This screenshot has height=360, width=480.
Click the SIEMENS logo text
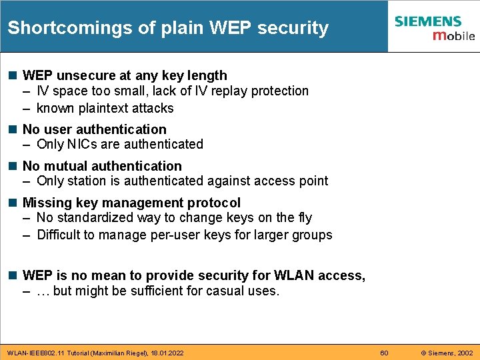pyautogui.click(x=427, y=21)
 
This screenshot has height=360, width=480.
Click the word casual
pyautogui.click(x=226, y=291)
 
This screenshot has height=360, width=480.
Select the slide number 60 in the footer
pyautogui.click(x=384, y=352)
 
